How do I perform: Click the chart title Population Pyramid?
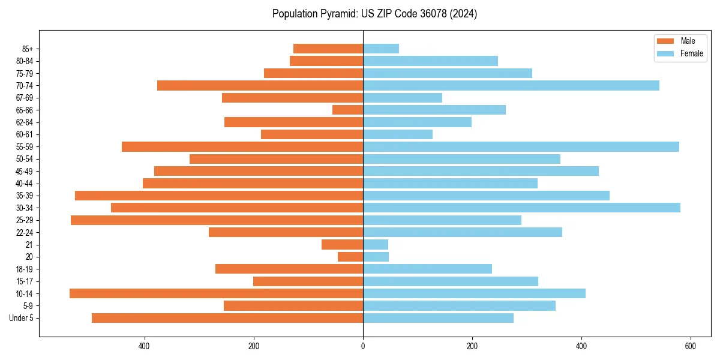click(x=374, y=14)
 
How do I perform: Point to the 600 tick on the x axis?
click(x=691, y=346)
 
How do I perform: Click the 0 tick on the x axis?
click(x=363, y=346)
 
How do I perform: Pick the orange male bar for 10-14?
click(x=216, y=293)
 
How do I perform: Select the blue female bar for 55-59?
click(x=521, y=146)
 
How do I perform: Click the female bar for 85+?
click(x=381, y=49)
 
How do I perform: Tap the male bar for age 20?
click(x=350, y=257)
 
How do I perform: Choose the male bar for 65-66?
click(x=348, y=110)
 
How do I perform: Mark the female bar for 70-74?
click(x=511, y=85)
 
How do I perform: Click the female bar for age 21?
click(x=376, y=244)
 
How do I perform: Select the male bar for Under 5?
click(x=227, y=318)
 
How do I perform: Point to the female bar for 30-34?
click(x=521, y=208)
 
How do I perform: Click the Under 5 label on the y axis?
click(x=22, y=318)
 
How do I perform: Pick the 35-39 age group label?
click(x=25, y=196)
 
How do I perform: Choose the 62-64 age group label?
click(x=25, y=122)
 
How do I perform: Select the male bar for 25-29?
click(x=217, y=220)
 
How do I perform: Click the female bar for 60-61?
click(x=398, y=134)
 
